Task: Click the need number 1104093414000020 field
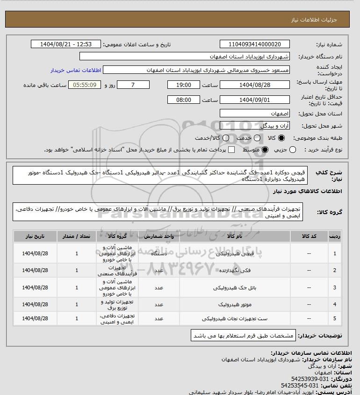tap(255, 44)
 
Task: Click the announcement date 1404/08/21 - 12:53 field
tap(65, 44)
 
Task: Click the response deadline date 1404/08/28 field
tap(255, 85)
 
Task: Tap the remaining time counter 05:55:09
tap(84, 85)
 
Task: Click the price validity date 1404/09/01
tap(255, 100)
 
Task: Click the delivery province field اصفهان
tap(255, 114)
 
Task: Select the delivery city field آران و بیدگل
tap(255, 126)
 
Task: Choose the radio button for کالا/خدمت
tap(226, 138)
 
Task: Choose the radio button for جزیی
tap(293, 150)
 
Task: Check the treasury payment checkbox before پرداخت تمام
tap(231, 150)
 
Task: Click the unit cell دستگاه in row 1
tap(158, 254)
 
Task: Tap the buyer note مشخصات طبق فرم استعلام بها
tap(243, 336)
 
